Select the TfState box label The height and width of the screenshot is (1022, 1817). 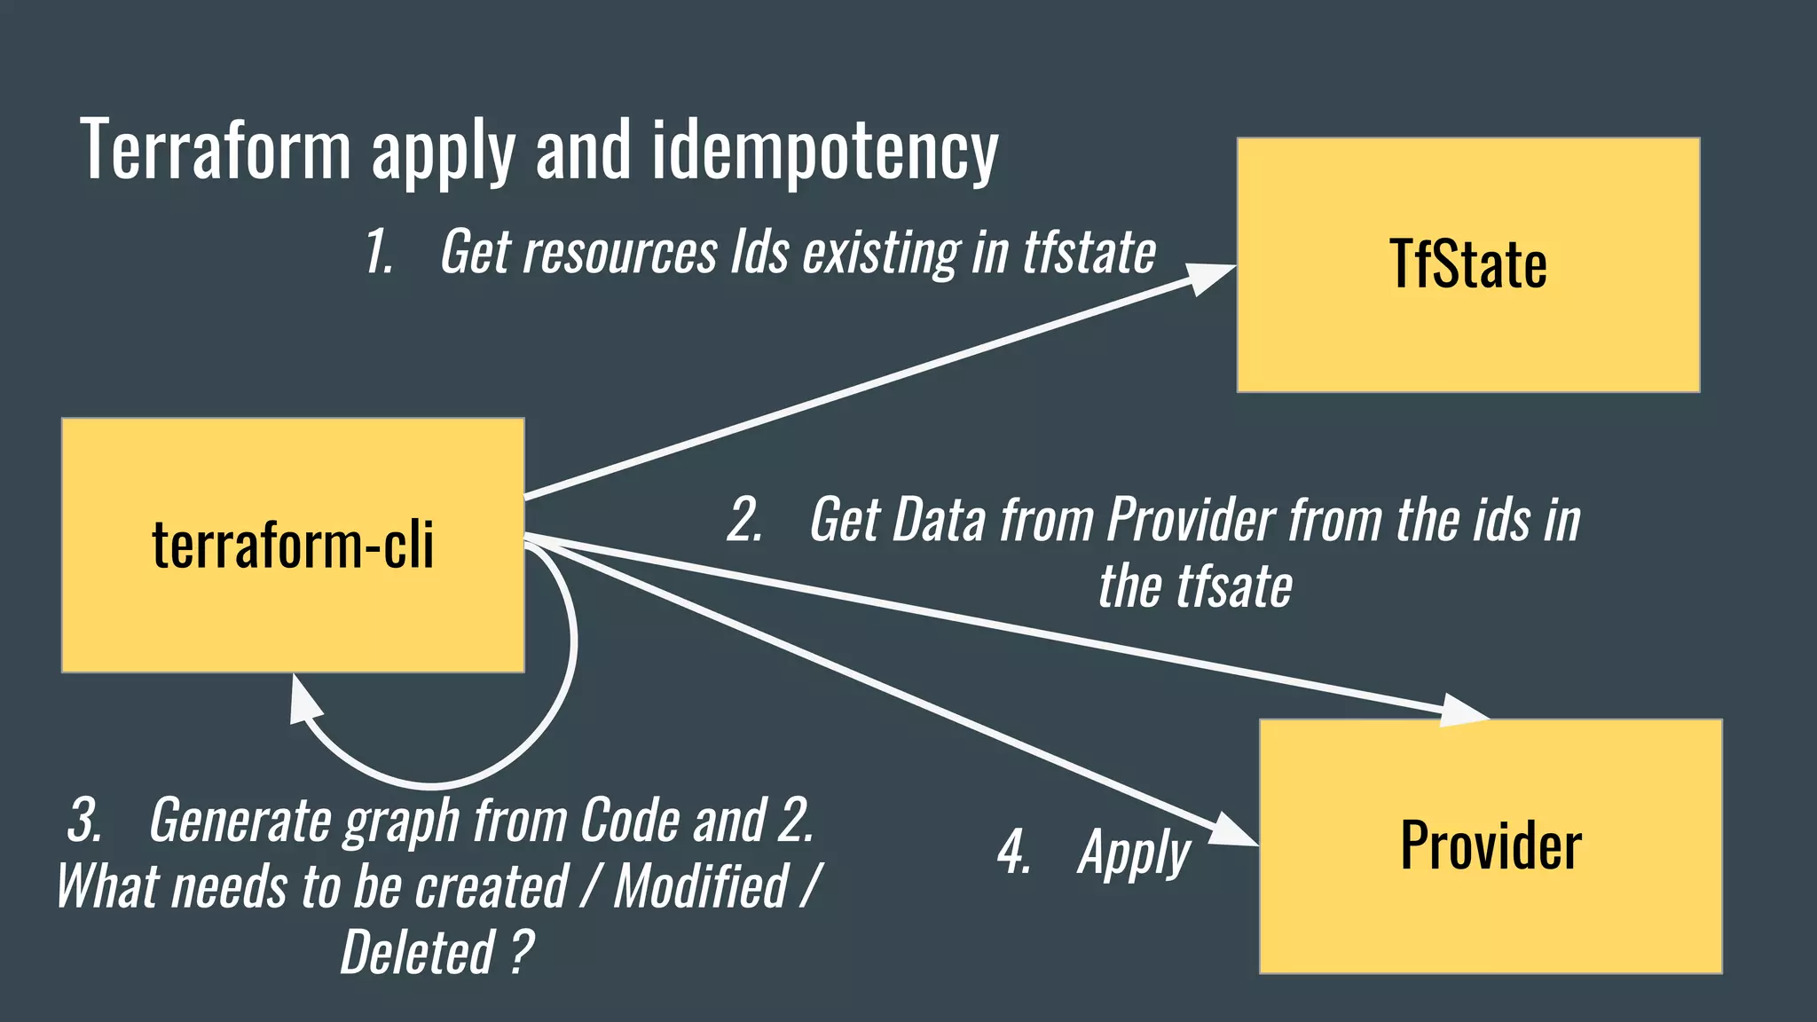click(1467, 264)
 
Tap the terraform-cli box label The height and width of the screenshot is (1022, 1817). click(293, 545)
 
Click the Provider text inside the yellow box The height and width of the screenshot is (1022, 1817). click(1491, 845)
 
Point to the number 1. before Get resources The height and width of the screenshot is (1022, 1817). click(380, 253)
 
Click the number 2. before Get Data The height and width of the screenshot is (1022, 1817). click(744, 521)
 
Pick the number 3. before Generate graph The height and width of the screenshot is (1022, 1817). click(85, 821)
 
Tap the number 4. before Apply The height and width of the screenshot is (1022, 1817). click(1014, 853)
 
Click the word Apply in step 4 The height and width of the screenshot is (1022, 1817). click(1134, 853)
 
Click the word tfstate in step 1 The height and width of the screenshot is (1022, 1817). click(1089, 253)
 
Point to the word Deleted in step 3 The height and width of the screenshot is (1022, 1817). click(417, 953)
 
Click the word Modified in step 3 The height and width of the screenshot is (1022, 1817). click(701, 886)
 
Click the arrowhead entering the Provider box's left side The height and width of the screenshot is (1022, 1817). click(1233, 831)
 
